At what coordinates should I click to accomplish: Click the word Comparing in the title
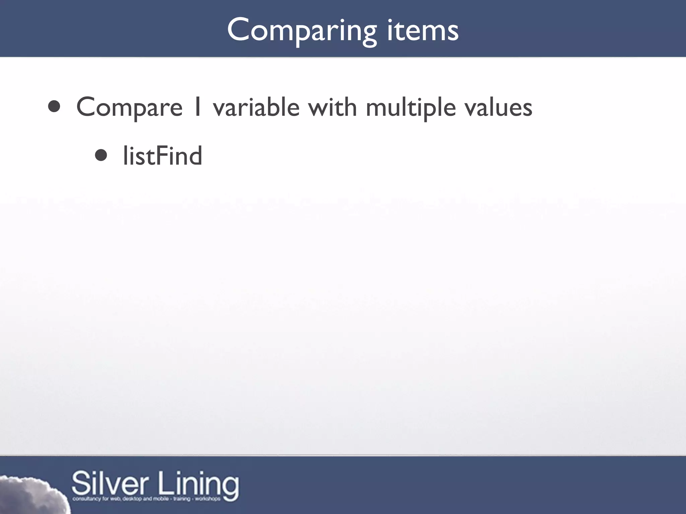click(x=302, y=31)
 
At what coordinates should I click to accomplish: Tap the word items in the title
click(x=423, y=31)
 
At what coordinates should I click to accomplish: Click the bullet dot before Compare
click(x=54, y=107)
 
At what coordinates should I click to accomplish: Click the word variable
click(x=256, y=107)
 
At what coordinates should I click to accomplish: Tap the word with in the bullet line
click(x=333, y=107)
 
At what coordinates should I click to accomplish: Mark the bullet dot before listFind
click(x=101, y=155)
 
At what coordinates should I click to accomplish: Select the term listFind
click(x=163, y=156)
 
